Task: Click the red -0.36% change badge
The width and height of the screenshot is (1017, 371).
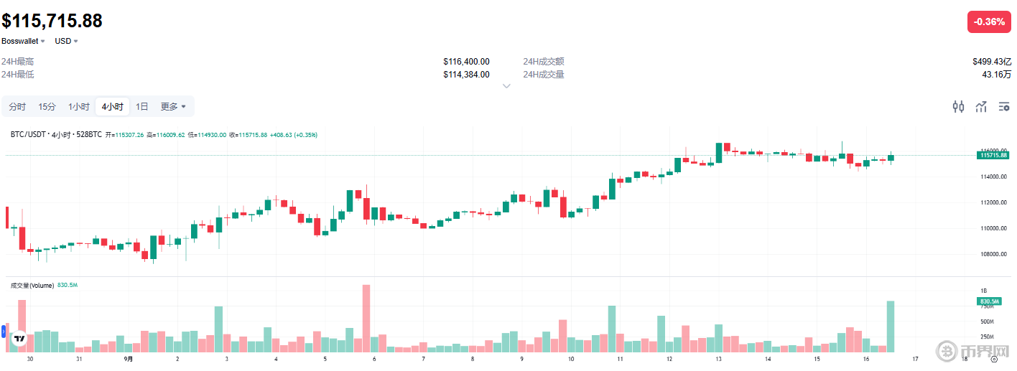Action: tap(988, 22)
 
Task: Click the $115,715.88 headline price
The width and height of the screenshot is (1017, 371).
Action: tap(52, 21)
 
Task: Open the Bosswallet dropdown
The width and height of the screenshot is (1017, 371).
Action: tap(23, 41)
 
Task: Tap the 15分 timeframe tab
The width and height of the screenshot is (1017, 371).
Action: tap(47, 107)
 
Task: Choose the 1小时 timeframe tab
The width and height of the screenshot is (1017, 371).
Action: tap(79, 107)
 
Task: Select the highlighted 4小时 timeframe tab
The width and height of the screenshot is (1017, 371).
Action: tap(112, 107)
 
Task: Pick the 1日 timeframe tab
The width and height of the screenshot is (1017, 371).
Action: tap(142, 107)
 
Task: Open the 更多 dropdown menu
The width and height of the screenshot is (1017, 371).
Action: tap(173, 107)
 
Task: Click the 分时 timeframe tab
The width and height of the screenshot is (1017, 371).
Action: tap(17, 107)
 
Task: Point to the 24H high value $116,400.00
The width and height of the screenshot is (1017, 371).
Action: tap(466, 62)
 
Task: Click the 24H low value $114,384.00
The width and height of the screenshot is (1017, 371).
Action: tap(466, 75)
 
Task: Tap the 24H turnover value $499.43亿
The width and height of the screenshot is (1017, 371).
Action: tap(992, 62)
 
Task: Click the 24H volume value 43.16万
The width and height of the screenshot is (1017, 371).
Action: tap(997, 75)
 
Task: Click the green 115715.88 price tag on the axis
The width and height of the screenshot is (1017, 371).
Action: tap(993, 155)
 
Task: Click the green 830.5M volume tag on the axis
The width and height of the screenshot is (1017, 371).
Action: tap(991, 301)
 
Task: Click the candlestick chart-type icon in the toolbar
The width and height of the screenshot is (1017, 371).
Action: tap(958, 107)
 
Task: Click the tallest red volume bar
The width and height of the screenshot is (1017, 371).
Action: tap(366, 318)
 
